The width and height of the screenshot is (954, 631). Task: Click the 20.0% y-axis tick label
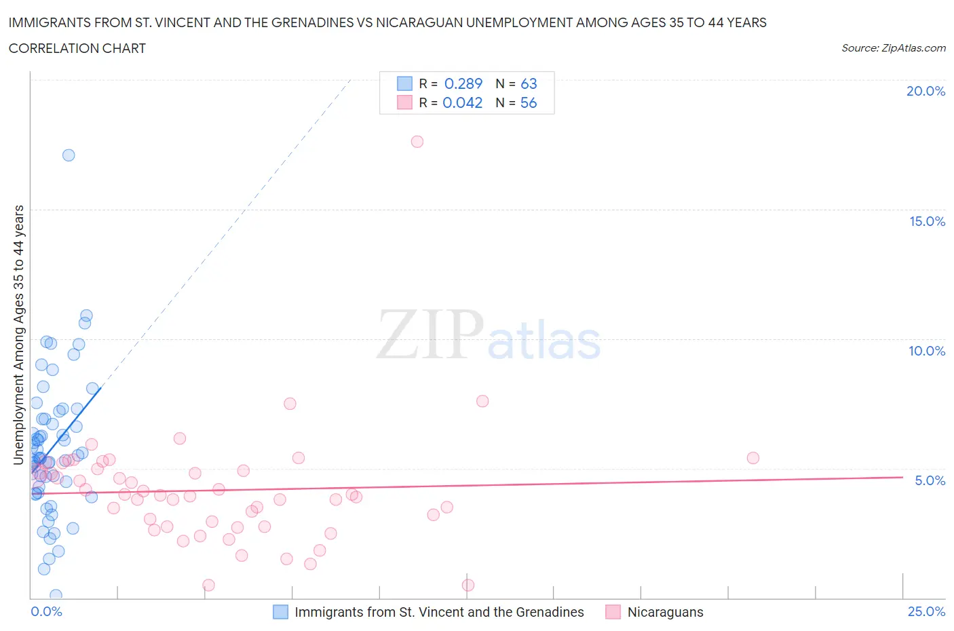tap(926, 91)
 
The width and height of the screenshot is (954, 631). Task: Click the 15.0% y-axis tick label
tap(927, 221)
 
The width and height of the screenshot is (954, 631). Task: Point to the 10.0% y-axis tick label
tap(927, 351)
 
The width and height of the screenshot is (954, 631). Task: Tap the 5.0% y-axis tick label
tap(930, 480)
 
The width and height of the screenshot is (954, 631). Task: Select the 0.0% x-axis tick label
tap(46, 611)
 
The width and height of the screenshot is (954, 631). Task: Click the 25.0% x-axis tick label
tap(926, 611)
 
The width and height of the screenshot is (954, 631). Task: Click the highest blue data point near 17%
tap(69, 155)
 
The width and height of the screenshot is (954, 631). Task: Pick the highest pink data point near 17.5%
tap(417, 142)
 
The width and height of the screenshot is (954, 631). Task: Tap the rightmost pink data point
tap(752, 458)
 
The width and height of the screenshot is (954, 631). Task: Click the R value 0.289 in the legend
tap(463, 83)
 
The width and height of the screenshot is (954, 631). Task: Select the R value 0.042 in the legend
tap(462, 102)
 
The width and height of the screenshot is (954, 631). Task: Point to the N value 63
tap(529, 83)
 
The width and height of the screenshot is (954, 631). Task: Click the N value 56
tap(529, 102)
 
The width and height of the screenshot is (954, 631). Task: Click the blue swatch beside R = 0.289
tap(404, 83)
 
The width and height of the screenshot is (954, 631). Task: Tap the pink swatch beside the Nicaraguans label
tap(613, 612)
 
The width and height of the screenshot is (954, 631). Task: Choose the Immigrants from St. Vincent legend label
tap(439, 612)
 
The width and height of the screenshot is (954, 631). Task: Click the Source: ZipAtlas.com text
tap(893, 47)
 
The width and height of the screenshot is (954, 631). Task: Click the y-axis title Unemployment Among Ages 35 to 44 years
tap(19, 335)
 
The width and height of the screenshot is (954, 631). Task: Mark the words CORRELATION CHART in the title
tap(77, 48)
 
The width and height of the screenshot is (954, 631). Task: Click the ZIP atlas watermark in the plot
tap(489, 336)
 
